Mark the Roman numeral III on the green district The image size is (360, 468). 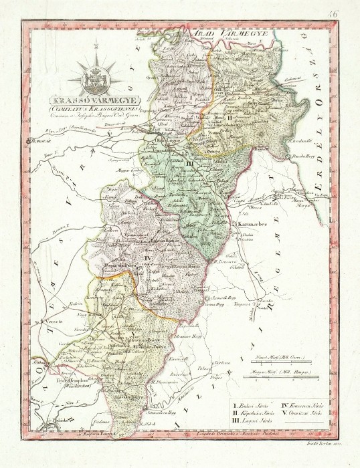(x=190, y=164)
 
